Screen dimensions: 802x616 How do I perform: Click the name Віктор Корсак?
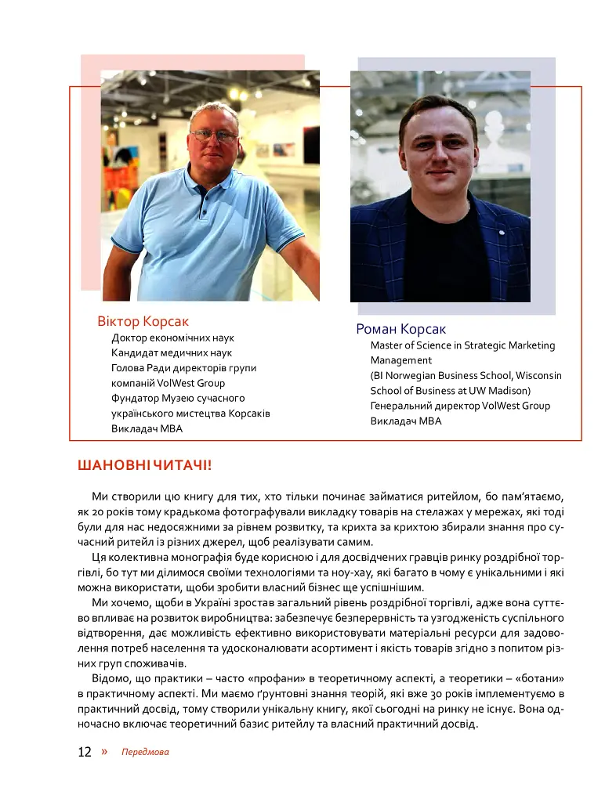143,322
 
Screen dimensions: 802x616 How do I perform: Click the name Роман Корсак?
401,329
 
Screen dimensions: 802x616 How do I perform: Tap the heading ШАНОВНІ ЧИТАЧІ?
145,466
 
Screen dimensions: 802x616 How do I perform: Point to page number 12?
85,753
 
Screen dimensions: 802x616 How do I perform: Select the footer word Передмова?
145,753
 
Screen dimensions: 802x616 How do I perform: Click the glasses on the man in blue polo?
213,135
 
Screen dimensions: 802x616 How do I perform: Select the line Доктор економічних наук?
173,338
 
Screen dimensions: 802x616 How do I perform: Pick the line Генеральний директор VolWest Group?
460,406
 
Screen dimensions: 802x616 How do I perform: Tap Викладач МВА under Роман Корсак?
406,421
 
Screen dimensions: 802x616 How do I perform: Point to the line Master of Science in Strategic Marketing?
462,345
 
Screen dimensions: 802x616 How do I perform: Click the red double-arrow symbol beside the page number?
104,752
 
